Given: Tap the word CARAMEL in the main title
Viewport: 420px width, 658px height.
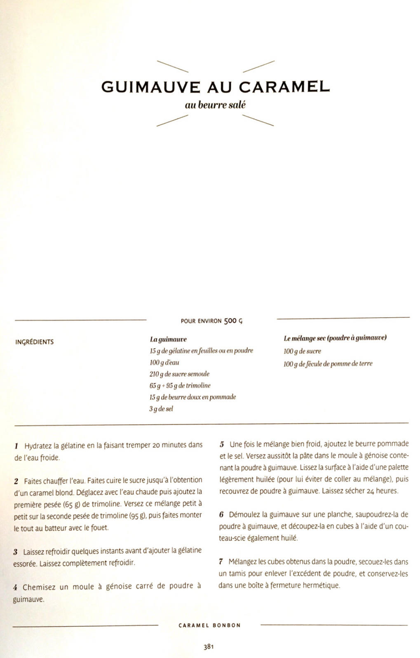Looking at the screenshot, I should [284, 87].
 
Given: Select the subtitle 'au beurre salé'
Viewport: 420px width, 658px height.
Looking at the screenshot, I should [215, 105].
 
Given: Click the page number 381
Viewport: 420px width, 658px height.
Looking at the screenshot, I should [209, 646].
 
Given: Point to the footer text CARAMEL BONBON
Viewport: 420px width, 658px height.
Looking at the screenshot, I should [209, 625].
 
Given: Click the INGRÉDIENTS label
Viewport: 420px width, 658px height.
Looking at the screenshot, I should [34, 342].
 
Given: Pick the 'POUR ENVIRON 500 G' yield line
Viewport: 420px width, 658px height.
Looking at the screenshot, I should [211, 321].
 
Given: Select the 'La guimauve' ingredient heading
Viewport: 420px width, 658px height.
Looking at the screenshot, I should [168, 340].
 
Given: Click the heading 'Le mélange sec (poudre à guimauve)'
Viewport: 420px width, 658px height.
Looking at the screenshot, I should [335, 338].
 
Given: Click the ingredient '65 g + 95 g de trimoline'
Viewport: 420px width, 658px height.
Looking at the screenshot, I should [180, 386].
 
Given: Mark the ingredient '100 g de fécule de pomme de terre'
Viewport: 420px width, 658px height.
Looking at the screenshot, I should [328, 364].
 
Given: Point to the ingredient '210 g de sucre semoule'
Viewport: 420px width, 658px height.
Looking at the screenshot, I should [179, 374].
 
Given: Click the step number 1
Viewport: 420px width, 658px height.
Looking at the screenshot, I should [16, 445].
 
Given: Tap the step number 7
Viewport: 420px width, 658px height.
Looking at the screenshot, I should [221, 561].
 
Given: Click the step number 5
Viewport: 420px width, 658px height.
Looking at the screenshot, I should [222, 444].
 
